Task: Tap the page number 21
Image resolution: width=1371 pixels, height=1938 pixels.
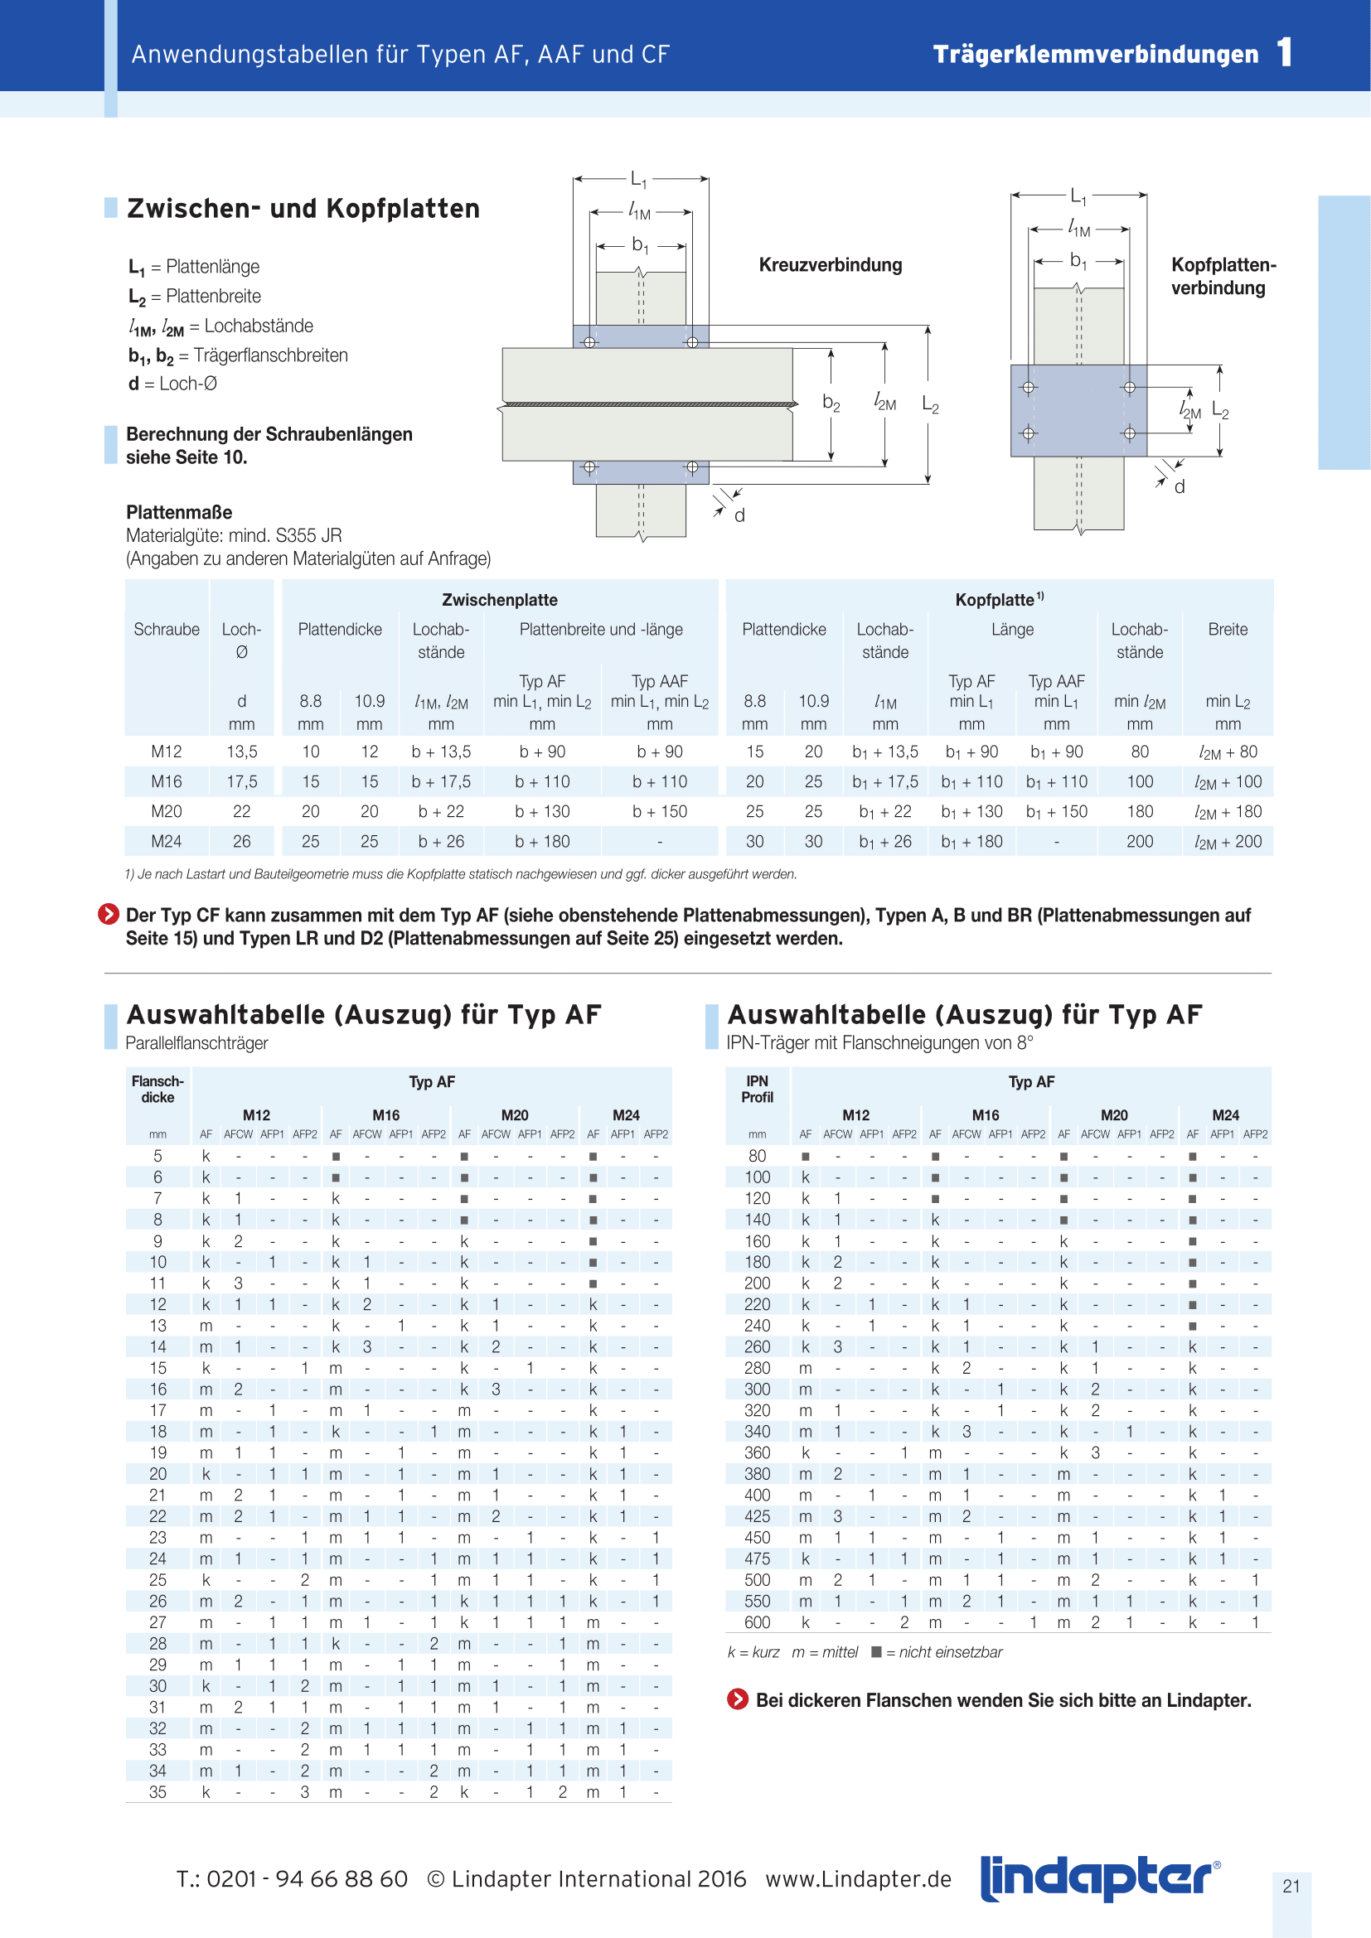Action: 1291,1886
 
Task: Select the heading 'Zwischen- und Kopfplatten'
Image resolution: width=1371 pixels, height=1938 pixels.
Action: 303,209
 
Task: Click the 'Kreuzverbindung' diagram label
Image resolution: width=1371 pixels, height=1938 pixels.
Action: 830,265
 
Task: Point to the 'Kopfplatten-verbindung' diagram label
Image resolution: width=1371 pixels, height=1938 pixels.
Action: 1223,276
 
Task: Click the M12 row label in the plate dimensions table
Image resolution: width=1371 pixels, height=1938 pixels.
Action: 167,752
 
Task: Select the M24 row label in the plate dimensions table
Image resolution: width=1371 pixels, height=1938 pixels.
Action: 167,841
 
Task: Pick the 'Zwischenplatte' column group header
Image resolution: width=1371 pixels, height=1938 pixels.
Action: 500,600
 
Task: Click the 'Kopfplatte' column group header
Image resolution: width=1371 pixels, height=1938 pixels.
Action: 998,600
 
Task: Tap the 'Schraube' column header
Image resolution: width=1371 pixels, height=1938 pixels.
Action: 167,630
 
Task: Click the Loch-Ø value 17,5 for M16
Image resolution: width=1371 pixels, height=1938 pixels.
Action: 241,781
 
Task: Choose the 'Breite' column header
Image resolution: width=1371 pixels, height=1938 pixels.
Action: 1227,630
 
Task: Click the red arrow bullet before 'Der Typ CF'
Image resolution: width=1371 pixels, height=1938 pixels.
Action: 109,914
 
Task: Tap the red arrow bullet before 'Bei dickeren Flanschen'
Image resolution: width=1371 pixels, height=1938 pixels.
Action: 738,1699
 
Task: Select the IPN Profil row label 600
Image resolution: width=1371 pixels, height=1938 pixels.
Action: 758,1621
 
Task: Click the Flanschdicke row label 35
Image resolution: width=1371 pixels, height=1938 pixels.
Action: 157,1791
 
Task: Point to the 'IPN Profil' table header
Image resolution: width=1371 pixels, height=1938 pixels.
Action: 758,1089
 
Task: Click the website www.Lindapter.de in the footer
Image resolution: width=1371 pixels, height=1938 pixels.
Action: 858,1879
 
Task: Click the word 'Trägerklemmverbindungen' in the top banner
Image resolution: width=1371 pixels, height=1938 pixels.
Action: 1095,55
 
